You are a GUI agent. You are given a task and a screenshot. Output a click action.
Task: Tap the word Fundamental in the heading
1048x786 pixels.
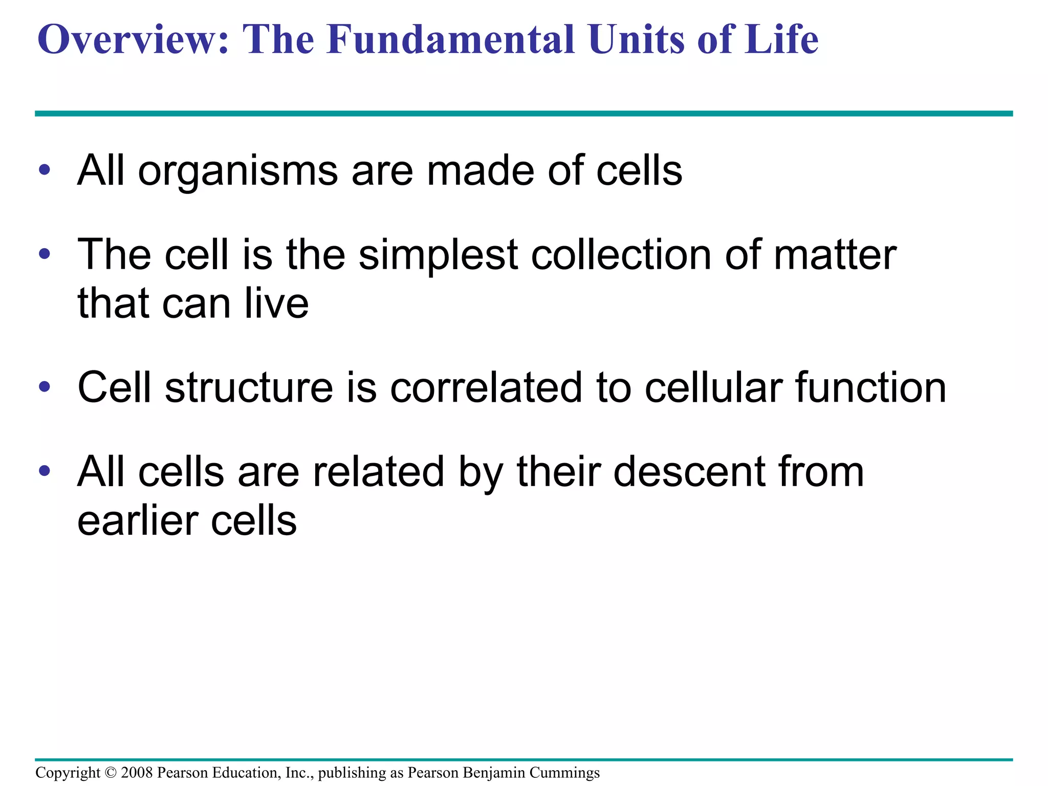point(450,40)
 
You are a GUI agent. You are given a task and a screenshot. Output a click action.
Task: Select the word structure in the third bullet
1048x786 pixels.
point(249,387)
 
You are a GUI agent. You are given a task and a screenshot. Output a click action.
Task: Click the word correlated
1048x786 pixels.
point(486,387)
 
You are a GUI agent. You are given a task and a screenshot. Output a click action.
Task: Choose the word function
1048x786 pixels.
point(870,387)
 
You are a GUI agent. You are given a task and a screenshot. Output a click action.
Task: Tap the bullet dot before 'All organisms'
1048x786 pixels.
point(45,170)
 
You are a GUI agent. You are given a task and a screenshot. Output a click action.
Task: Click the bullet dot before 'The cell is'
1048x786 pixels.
point(45,254)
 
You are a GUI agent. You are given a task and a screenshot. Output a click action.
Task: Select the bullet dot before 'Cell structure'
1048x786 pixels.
point(45,387)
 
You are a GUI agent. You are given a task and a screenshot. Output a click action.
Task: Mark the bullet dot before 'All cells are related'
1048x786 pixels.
point(45,471)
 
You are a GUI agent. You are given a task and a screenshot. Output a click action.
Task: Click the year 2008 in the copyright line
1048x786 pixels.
point(137,773)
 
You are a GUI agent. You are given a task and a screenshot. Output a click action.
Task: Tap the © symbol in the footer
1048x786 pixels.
point(111,773)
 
